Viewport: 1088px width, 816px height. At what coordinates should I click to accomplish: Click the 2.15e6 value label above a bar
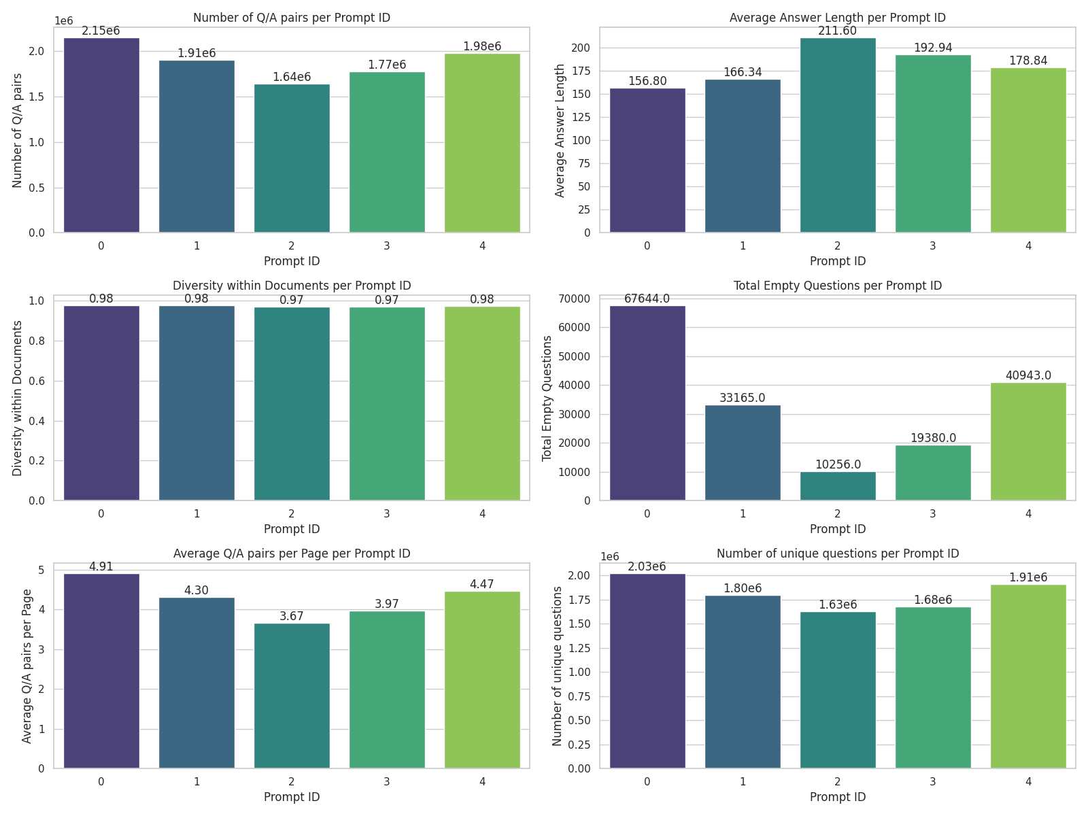coord(101,31)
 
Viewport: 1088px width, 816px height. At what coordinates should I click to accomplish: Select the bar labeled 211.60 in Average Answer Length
coord(838,136)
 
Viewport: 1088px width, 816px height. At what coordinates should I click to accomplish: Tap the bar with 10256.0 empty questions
coord(838,487)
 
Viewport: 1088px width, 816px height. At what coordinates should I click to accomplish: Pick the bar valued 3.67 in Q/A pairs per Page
coord(292,696)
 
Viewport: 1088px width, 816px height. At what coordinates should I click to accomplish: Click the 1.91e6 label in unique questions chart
coord(1028,577)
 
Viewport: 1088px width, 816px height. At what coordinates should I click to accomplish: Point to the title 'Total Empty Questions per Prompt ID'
coord(838,286)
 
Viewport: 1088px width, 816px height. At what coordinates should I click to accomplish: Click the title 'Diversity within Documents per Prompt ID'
coord(292,286)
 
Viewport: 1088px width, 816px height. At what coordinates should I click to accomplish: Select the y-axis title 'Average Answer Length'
coord(560,131)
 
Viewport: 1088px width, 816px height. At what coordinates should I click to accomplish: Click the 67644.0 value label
coord(647,299)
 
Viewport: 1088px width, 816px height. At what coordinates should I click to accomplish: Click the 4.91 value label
coord(101,566)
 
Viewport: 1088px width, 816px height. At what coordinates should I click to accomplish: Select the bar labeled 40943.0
coord(1028,442)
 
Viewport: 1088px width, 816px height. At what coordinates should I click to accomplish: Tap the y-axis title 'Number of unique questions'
coord(558,666)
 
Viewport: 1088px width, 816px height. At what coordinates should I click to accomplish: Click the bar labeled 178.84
coord(1028,150)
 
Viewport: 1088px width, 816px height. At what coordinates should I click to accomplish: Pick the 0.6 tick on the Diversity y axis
coord(37,381)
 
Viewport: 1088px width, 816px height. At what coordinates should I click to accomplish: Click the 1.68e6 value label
coord(933,600)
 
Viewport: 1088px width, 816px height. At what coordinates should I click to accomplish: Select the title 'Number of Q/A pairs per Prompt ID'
coord(292,18)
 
